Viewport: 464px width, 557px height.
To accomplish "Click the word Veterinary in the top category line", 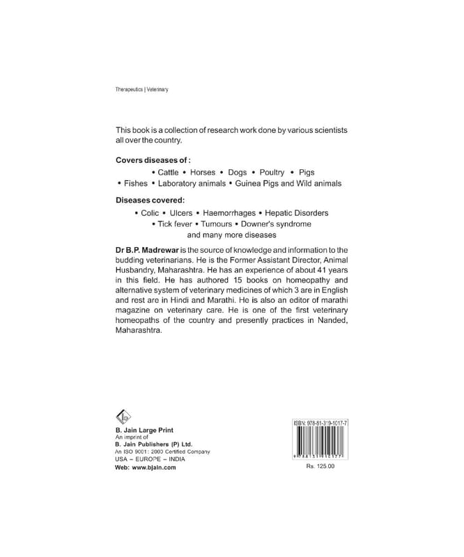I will (x=157, y=90).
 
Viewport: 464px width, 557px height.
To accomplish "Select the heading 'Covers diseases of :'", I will (x=153, y=159).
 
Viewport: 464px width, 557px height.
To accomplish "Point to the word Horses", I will (x=203, y=171).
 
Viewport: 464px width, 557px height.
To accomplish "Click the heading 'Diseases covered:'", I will (x=150, y=201).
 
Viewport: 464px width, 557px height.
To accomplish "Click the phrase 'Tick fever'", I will (x=172, y=225).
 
